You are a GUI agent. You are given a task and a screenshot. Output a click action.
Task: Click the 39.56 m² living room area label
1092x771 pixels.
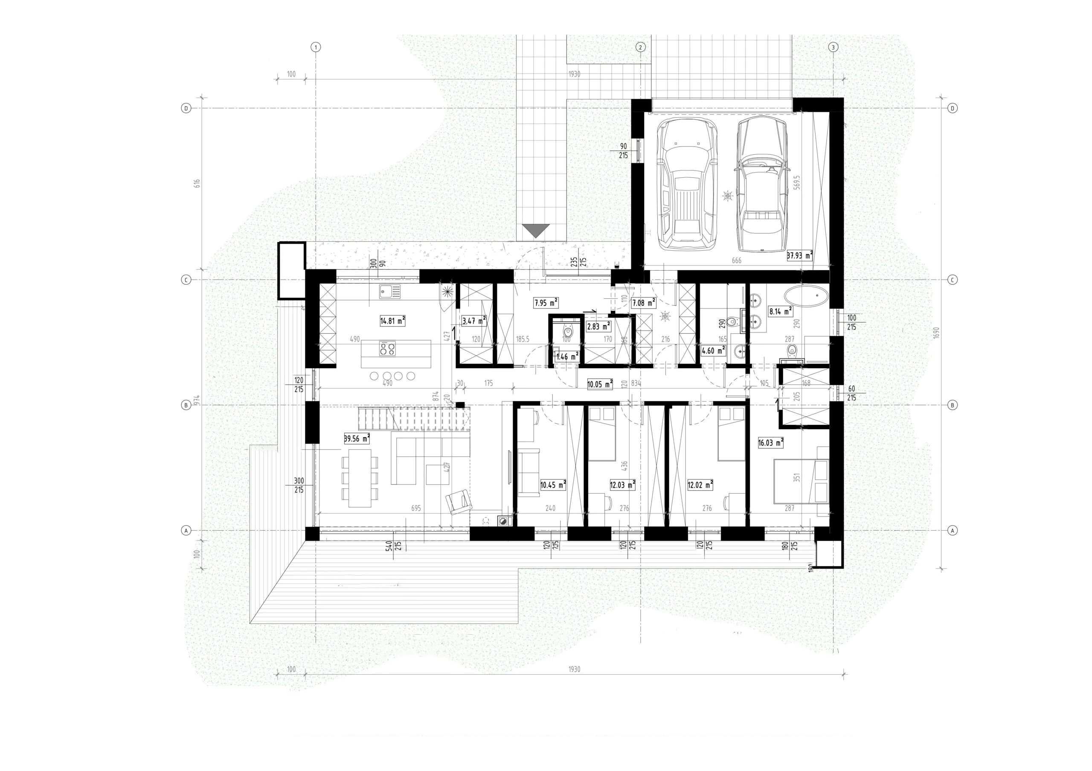pyautogui.click(x=357, y=438)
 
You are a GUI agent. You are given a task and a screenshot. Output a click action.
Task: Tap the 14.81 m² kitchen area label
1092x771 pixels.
pyautogui.click(x=392, y=321)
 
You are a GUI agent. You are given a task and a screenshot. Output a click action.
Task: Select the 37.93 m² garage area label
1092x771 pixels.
pyautogui.click(x=799, y=255)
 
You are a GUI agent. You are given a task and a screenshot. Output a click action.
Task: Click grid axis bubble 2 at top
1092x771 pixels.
pyautogui.click(x=640, y=47)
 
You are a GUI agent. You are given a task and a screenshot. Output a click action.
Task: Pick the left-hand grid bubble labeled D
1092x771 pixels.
pyautogui.click(x=186, y=108)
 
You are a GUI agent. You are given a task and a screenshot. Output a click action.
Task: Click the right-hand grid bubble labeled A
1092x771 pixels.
pyautogui.click(x=952, y=531)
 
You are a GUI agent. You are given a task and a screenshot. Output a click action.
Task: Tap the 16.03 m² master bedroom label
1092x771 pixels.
pyautogui.click(x=770, y=442)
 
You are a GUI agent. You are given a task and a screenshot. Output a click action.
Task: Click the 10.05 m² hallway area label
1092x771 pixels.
pyautogui.click(x=599, y=384)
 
